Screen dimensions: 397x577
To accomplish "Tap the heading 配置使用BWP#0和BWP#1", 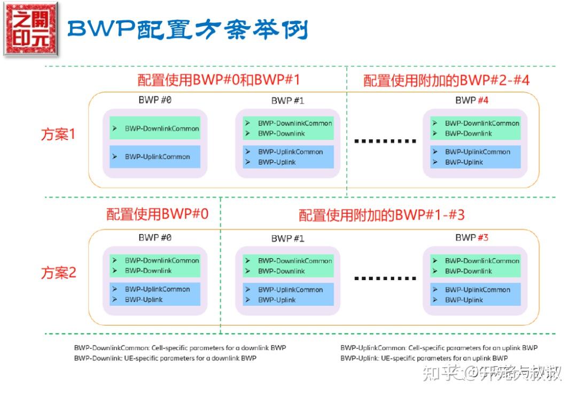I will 219,80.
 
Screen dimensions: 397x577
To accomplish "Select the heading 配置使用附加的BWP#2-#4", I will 446,80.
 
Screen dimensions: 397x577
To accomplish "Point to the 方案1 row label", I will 58,134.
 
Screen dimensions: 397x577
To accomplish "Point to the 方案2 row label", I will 58,273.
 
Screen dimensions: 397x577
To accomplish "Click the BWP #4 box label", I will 472,100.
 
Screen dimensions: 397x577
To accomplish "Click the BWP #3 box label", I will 472,237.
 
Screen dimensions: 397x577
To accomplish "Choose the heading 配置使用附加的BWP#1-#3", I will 381,215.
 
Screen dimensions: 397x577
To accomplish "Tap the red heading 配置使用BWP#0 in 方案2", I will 157,215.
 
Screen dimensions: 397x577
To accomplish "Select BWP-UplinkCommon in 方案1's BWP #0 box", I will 157,157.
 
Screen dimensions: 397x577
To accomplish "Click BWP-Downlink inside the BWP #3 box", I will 468,271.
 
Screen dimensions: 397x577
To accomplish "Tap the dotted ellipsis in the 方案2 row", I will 385,279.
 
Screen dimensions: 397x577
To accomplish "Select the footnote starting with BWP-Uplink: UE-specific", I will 424,358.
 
